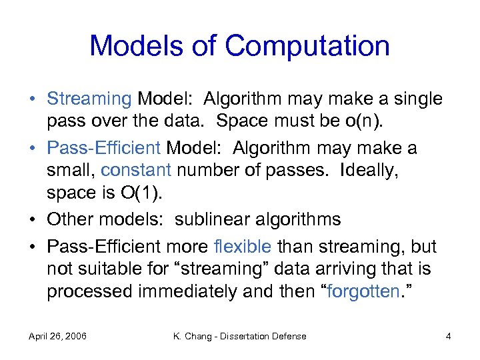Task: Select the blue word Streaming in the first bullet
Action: point(89,99)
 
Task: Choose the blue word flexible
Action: point(243,246)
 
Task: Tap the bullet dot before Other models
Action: point(33,220)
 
